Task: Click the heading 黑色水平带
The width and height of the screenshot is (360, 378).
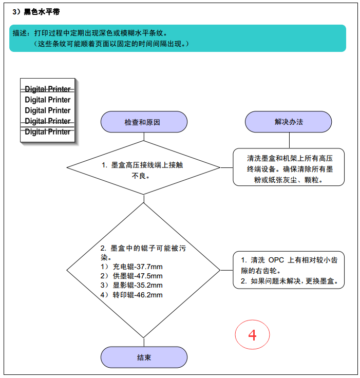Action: (42, 12)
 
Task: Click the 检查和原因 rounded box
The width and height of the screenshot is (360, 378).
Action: (144, 122)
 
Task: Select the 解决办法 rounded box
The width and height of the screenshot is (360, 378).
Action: (289, 122)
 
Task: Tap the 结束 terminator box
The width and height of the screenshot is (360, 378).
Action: (144, 357)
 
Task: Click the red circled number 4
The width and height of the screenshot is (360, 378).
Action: (252, 335)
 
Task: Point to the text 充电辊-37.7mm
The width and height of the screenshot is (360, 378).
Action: (138, 267)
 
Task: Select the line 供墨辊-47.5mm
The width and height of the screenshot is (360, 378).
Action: (138, 276)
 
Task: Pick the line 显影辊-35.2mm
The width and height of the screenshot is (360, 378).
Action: (138, 285)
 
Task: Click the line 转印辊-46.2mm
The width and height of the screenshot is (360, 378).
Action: (138, 295)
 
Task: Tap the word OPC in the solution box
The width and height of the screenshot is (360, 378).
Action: (276, 260)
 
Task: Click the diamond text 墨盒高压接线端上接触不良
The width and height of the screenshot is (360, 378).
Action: (142, 170)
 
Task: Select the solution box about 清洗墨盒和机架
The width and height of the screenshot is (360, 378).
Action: (289, 167)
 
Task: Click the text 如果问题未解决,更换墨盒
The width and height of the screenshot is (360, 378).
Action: (294, 281)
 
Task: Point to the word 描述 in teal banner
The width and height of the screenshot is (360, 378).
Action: (20, 33)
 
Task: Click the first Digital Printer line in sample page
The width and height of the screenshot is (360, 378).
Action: (47, 89)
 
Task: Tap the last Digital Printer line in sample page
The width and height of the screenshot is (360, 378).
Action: (47, 131)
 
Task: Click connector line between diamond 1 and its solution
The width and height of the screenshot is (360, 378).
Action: (226, 167)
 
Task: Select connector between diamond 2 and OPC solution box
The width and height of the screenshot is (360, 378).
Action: (226, 270)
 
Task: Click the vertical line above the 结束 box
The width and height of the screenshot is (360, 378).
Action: (144, 343)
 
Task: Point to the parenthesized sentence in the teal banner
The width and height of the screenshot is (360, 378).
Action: (111, 44)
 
